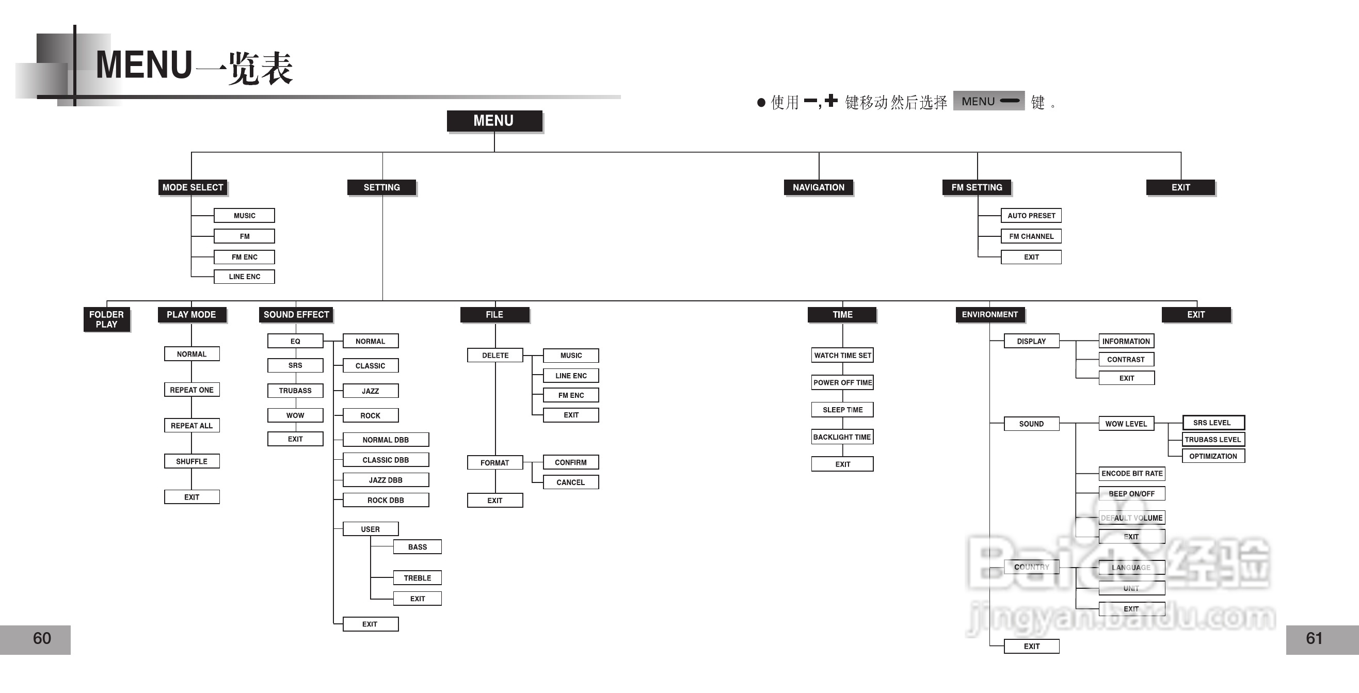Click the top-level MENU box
[494, 121]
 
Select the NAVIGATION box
[818, 187]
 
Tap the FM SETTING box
[977, 187]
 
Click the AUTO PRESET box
[1031, 215]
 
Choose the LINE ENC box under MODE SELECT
[244, 277]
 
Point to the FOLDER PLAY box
[106, 319]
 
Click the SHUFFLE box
[191, 461]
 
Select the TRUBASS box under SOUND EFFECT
[295, 390]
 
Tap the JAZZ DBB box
[386, 480]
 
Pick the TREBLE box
[418, 577]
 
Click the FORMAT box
[495, 462]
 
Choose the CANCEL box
[570, 482]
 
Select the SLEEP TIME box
[842, 410]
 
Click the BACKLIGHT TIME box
[842, 437]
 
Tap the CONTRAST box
[1126, 359]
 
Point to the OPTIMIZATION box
[1213, 456]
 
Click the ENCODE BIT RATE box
[1131, 474]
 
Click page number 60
[42, 638]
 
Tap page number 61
[1314, 638]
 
